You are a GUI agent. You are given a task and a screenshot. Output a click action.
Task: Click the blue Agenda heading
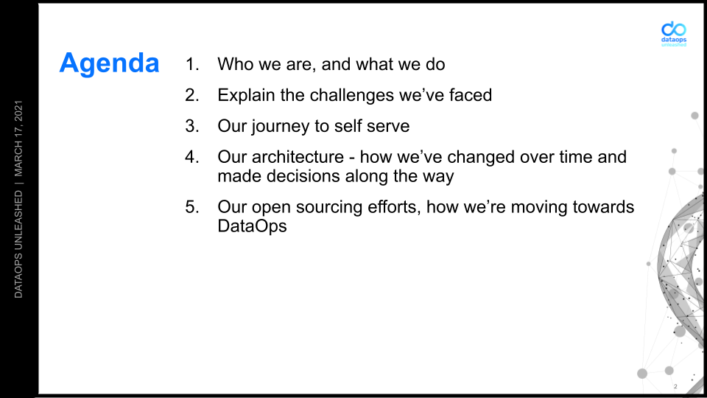[109, 63]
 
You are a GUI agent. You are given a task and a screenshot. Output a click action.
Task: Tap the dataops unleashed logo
[674, 34]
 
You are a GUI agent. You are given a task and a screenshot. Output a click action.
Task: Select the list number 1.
[191, 64]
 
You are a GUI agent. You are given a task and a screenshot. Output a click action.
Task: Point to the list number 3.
[191, 126]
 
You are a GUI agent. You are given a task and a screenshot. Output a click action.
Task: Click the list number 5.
[191, 206]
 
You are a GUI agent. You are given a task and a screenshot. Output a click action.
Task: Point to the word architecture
[298, 157]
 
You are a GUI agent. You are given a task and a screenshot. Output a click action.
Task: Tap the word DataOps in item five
[252, 226]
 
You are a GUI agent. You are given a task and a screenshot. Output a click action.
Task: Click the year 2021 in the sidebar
[18, 111]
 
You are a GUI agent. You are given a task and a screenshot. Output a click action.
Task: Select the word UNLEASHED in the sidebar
[18, 220]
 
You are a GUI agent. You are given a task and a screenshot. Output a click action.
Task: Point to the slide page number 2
[675, 386]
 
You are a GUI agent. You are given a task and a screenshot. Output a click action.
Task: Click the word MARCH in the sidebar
[18, 158]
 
